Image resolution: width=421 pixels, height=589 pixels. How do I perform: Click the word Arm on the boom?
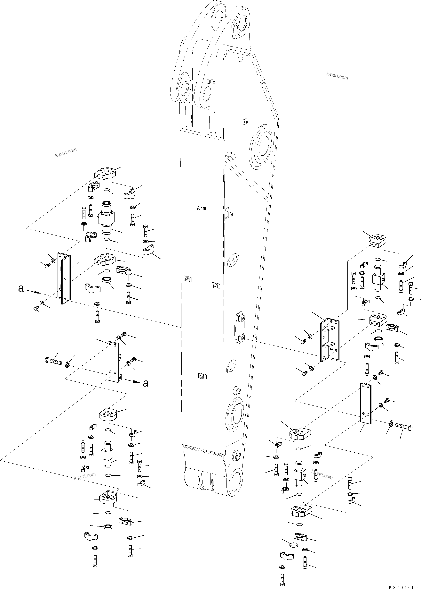click(x=201, y=208)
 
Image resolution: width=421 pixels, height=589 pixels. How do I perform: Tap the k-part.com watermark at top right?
click(x=337, y=76)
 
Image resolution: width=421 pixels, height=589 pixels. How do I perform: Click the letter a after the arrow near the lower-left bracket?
click(x=146, y=383)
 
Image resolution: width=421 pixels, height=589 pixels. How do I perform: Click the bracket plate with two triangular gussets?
click(x=330, y=340)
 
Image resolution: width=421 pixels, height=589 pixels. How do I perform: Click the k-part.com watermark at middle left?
click(x=66, y=152)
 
